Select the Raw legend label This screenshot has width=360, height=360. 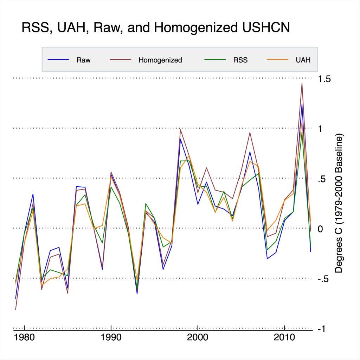click(x=83, y=60)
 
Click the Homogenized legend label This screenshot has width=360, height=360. click(x=160, y=60)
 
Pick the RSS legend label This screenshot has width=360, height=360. click(x=240, y=60)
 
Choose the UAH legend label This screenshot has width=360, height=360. click(x=303, y=60)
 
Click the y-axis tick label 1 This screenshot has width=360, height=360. click(x=321, y=129)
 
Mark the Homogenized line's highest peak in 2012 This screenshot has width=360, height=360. click(x=302, y=84)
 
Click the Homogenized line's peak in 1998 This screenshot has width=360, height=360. click(x=180, y=130)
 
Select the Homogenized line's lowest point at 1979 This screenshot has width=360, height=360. click(x=16, y=309)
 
